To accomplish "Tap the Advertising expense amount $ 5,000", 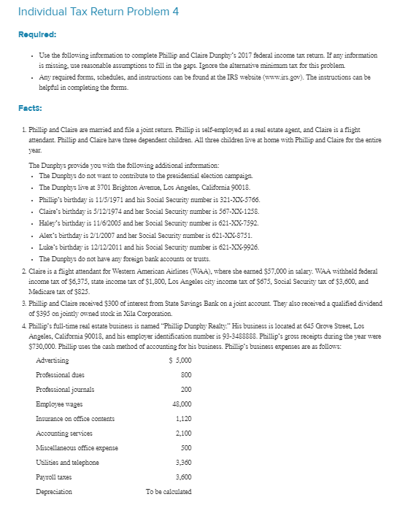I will click(x=180, y=361).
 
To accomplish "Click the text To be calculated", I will click(x=169, y=491).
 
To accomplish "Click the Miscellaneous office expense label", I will click(x=77, y=447).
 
